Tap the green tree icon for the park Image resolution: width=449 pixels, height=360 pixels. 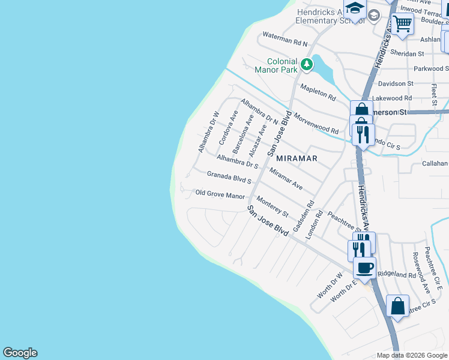tap(307, 63)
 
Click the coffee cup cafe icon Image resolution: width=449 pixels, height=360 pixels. tap(365, 268)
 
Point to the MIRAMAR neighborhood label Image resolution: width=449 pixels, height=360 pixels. tap(297, 158)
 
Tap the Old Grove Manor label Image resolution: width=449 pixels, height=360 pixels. tap(220, 194)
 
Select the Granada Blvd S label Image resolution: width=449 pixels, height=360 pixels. tap(229, 177)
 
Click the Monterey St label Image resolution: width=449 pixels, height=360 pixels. tap(273, 206)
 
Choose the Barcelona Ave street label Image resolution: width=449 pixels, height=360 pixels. tap(243, 133)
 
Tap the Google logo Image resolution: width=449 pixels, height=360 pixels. tap(20, 353)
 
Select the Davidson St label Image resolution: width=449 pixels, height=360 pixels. tap(396, 83)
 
